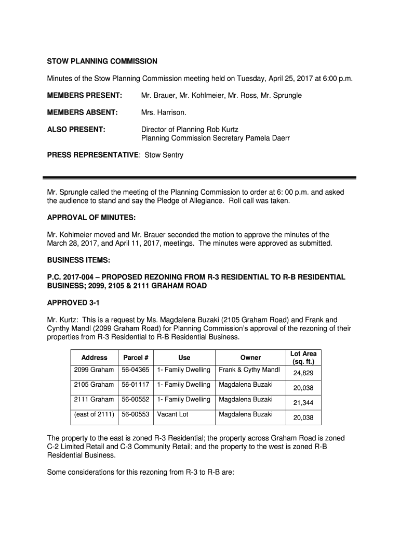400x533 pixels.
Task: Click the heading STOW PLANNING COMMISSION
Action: click(x=102, y=61)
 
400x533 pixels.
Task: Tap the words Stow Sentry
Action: click(x=164, y=155)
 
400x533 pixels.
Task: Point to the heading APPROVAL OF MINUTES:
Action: click(x=91, y=218)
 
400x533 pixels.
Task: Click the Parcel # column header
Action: click(x=136, y=358)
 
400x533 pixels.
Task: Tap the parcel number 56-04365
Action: click(x=136, y=370)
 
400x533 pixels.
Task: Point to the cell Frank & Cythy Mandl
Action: click(x=249, y=370)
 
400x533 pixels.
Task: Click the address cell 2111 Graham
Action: click(x=94, y=400)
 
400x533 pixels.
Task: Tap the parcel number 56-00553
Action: click(x=136, y=414)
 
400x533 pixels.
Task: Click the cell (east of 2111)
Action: click(x=94, y=414)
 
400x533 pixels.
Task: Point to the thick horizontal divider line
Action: click(x=199, y=177)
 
